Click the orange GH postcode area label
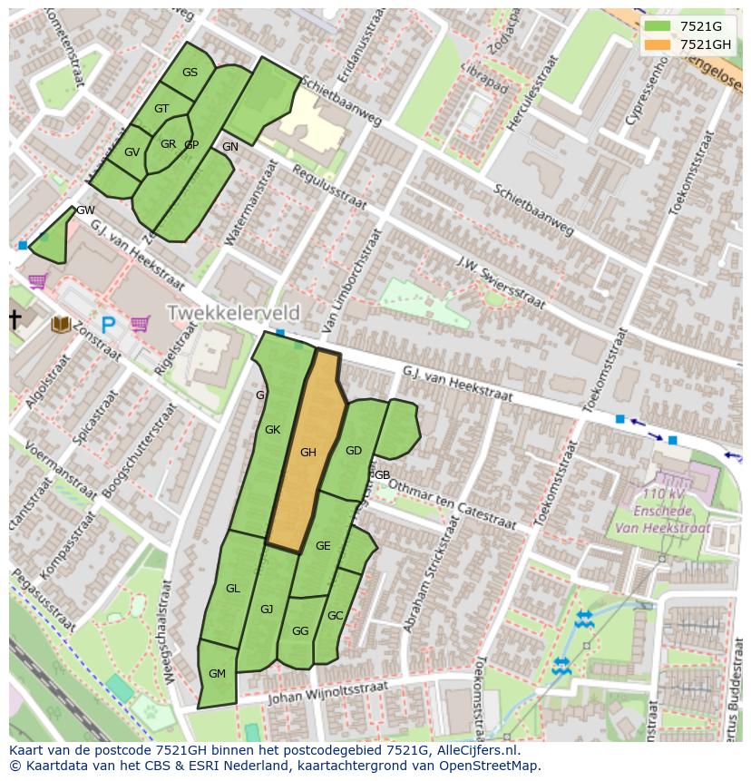tap(308, 453)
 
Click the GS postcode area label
tap(190, 73)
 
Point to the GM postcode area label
tap(217, 674)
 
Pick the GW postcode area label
tap(85, 210)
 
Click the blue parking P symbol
tap(109, 324)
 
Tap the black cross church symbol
tap(15, 319)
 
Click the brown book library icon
tap(62, 324)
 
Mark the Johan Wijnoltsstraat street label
tap(327, 694)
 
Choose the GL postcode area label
tap(233, 589)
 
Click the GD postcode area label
tap(354, 451)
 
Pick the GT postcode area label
tap(161, 109)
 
